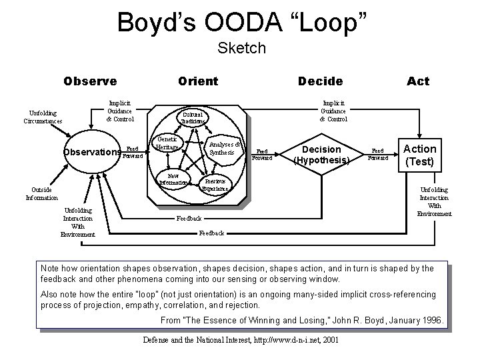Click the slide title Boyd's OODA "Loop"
[x=242, y=22]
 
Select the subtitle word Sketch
[x=242, y=48]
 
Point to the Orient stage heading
[x=198, y=81]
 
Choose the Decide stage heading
[x=321, y=81]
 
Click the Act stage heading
[x=418, y=81]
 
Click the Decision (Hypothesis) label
[x=321, y=155]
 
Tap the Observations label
[x=91, y=151]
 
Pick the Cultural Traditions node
[x=194, y=117]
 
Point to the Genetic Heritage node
[x=168, y=142]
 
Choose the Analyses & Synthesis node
[x=223, y=147]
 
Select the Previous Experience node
[x=215, y=185]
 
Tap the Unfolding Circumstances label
[x=43, y=117]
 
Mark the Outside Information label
[x=43, y=193]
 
